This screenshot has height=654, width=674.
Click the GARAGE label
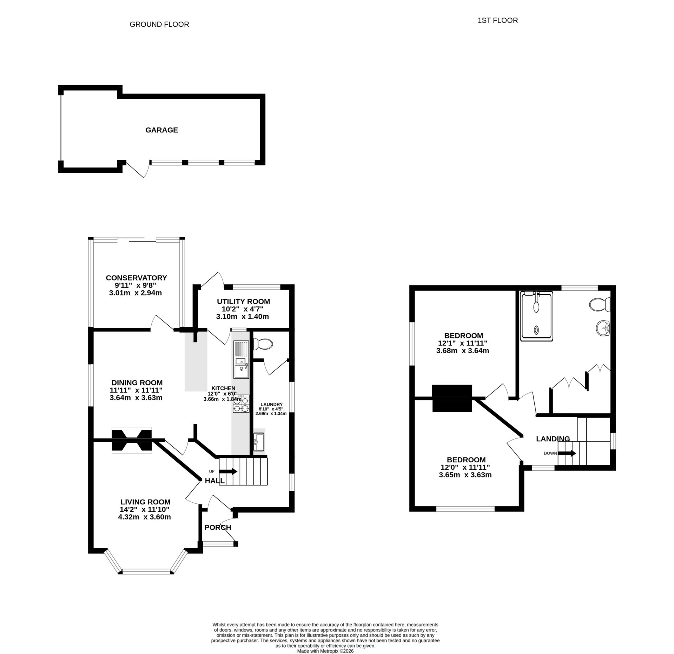[x=161, y=130]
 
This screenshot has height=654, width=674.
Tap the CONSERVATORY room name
[x=136, y=278]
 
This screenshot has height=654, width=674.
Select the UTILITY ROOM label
[x=243, y=301]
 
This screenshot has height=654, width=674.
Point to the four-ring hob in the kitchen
[x=241, y=404]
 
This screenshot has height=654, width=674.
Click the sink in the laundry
[x=259, y=442]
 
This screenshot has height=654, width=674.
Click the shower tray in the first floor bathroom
[x=536, y=316]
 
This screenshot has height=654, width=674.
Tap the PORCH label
[x=218, y=527]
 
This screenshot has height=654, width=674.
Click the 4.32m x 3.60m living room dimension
[x=144, y=517]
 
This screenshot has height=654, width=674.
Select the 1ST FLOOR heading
[x=497, y=20]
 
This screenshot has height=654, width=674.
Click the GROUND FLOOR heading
[x=159, y=24]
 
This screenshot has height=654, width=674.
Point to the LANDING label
[x=553, y=438]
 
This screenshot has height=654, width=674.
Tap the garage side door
[x=136, y=170]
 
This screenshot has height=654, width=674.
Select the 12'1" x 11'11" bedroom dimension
[x=462, y=343]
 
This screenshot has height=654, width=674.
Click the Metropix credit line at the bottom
[x=325, y=650]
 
